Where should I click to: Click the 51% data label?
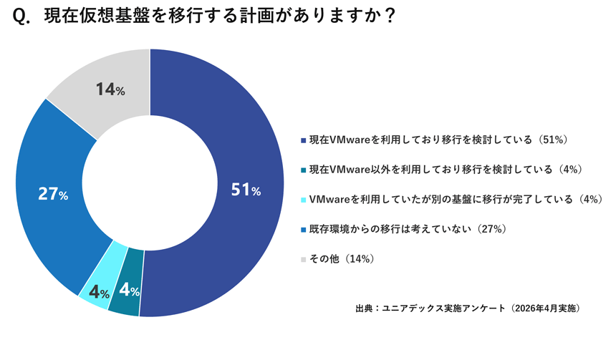246,190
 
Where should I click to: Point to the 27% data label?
53,194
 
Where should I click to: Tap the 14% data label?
110,89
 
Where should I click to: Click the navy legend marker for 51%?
303,140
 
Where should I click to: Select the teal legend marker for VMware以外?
303,170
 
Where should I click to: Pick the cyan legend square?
303,200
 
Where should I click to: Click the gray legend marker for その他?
303,260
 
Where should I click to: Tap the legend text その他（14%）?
342,258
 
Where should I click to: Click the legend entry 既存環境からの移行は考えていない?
390,229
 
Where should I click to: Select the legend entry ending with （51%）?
438,140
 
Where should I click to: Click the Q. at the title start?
21,17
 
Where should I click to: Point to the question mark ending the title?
389,16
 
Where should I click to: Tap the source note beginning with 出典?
468,308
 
